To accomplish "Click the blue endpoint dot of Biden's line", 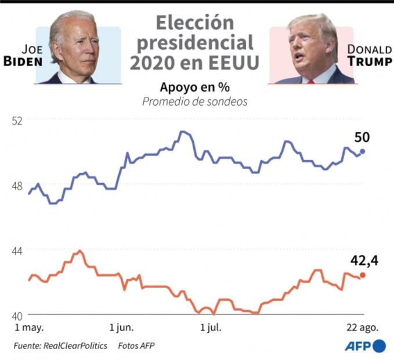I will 363,151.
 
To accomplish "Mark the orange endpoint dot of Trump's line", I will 363,275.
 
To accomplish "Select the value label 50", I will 362,138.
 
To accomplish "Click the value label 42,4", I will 364,261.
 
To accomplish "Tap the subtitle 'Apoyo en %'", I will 195,87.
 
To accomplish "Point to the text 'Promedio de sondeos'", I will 195,102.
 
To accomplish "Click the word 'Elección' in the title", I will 195,23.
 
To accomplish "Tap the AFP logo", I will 366,346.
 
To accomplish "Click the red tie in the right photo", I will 311,81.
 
